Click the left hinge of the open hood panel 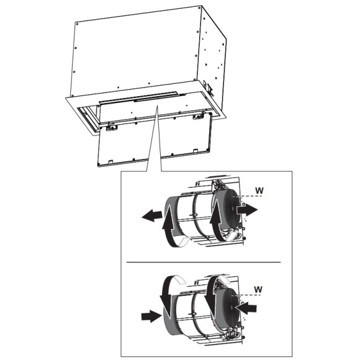(x=111, y=127)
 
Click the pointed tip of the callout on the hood (x=158, y=106)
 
